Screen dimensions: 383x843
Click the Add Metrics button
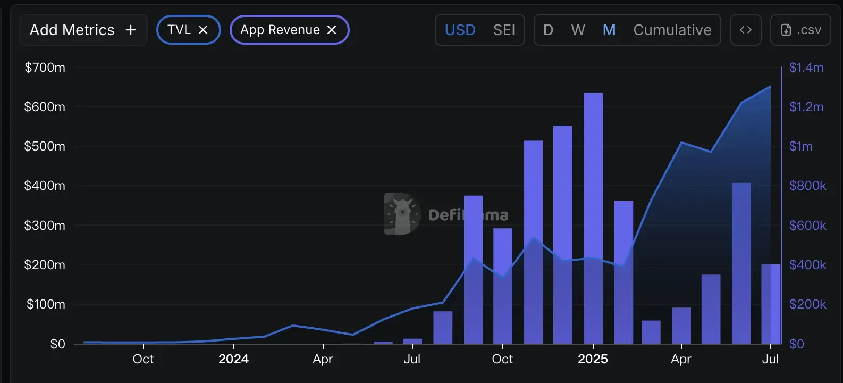tap(83, 30)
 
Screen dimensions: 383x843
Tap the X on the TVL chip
tap(203, 30)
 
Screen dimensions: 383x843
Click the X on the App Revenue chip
tap(332, 30)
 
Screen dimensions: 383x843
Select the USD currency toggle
tap(460, 30)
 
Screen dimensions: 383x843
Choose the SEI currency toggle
tap(504, 30)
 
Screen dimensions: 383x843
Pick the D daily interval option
tap(548, 30)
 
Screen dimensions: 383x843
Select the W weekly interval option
tap(578, 30)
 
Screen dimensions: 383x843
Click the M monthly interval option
tap(609, 30)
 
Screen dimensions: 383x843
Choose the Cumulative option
tap(672, 30)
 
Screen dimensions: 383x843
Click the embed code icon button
tap(745, 30)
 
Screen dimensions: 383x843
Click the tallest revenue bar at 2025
tap(593, 218)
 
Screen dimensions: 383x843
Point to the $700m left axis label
tap(45, 68)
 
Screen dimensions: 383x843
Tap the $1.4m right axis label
tap(806, 68)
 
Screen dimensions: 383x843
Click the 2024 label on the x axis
tap(233, 359)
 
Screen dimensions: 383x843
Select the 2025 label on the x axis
tap(593, 359)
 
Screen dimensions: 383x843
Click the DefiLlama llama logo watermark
tap(402, 214)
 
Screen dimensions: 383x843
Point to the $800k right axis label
tap(807, 186)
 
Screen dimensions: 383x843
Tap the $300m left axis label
tap(45, 226)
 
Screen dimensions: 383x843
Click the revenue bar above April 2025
tap(681, 326)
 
